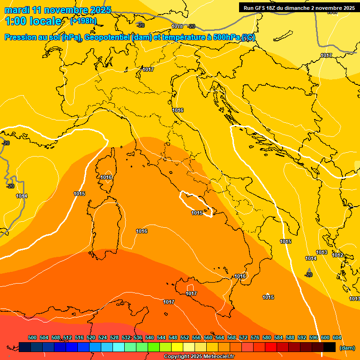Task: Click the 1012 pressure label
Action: pyautogui.click(x=337, y=255)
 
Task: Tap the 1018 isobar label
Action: pyautogui.click(x=177, y=26)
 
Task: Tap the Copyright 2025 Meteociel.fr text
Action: pyautogui.click(x=199, y=356)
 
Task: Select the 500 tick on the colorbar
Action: pyautogui.click(x=32, y=337)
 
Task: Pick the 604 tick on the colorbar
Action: pyautogui.click(x=337, y=337)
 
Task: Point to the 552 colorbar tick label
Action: pyautogui.click(x=185, y=337)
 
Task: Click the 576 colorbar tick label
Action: pyautogui.click(x=255, y=337)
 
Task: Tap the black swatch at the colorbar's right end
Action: pyautogui.click(x=330, y=347)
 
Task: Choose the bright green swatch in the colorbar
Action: pyautogui.click(x=154, y=347)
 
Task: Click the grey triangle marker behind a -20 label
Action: pyautogui.click(x=309, y=272)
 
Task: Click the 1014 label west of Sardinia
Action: pyautogui.click(x=22, y=196)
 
